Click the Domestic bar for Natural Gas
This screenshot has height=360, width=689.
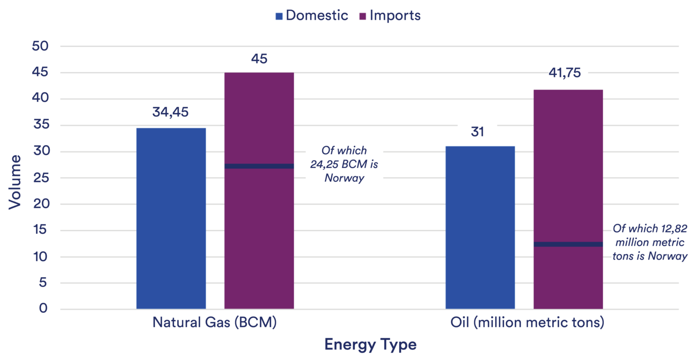[171, 219]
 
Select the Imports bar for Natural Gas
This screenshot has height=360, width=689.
[259, 191]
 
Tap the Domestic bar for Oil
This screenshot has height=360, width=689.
[480, 228]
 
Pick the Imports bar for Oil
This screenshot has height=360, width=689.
[568, 199]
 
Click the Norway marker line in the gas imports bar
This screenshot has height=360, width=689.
[259, 166]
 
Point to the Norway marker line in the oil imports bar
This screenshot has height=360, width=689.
[568, 244]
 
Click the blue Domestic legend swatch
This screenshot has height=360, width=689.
[279, 16]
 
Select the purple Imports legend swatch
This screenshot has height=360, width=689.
[363, 16]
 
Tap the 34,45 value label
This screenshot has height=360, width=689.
[170, 112]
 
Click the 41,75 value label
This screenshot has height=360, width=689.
[565, 73]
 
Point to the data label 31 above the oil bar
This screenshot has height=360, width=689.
[477, 131]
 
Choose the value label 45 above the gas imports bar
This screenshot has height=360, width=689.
[259, 59]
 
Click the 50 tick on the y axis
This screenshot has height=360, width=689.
[40, 46]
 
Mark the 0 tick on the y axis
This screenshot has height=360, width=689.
[43, 308]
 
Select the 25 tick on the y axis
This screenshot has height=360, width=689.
[41, 178]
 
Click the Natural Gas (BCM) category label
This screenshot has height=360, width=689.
[215, 323]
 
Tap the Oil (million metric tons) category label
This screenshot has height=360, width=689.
[527, 323]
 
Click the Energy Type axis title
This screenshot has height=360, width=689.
[370, 345]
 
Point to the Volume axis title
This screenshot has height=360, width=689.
[14, 182]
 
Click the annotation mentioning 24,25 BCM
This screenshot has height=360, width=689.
[344, 164]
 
